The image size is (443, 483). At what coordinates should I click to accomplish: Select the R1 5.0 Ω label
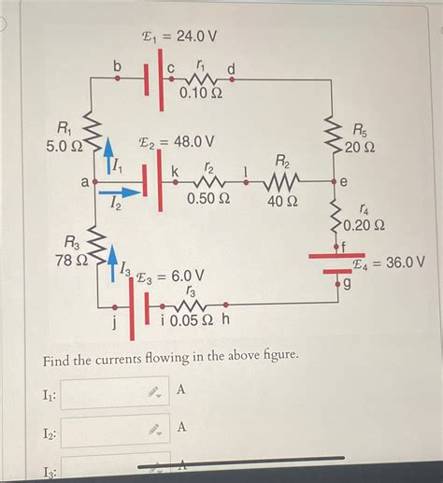[64, 137]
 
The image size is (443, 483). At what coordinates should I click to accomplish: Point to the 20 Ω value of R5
[360, 148]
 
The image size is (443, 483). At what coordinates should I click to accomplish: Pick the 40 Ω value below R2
[281, 200]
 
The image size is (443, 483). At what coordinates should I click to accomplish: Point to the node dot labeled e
[334, 180]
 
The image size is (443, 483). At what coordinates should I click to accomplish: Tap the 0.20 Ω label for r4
[363, 226]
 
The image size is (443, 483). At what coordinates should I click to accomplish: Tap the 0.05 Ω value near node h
[193, 321]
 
